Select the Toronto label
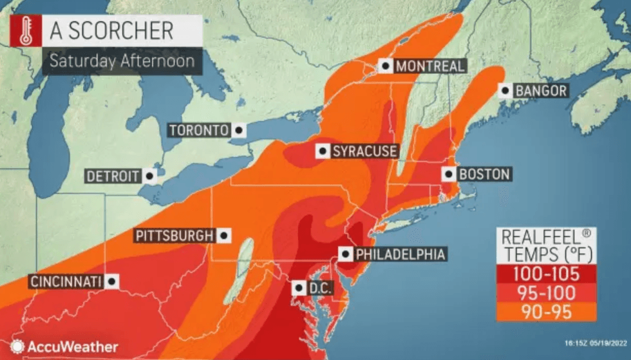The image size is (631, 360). coord(198,130)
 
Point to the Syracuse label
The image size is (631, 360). coord(364,151)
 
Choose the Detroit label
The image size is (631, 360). coord(113,176)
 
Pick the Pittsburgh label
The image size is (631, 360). coord(173,236)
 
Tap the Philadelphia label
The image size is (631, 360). coord(400,254)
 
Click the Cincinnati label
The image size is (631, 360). coord(65,281)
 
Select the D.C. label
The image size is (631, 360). coord(319,288)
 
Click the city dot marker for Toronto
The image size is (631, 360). coord(239,130)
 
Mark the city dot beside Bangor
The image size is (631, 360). coord(505,91)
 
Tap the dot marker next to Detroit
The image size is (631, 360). coord(149,176)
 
